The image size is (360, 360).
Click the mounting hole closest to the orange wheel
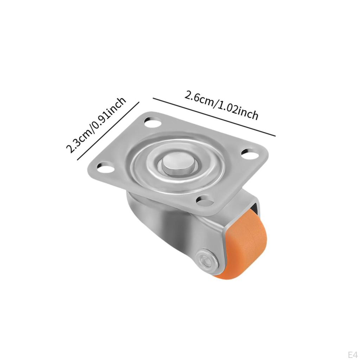coord(205,200)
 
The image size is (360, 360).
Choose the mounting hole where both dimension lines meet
coord(151,123)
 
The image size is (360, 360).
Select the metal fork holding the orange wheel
coord(169,225)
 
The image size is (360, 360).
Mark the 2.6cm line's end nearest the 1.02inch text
coord(275,135)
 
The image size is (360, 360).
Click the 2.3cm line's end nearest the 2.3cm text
coord(77,160)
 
